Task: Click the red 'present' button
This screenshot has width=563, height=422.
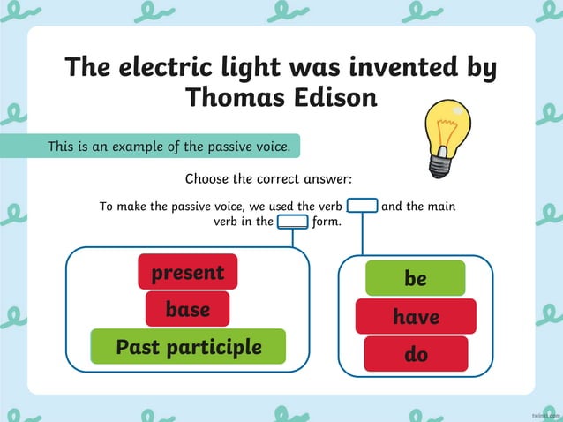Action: point(187,272)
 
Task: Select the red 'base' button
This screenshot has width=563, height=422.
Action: point(187,309)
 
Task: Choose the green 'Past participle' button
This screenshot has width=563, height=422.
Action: point(188,347)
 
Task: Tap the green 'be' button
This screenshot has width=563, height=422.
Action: point(415,278)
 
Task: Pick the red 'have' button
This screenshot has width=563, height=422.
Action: point(415,316)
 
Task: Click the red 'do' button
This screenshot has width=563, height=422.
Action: point(415,354)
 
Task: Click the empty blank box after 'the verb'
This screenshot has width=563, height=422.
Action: point(362,207)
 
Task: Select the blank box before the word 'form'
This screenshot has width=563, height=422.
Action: point(292,222)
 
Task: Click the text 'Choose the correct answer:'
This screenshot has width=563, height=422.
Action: point(268,179)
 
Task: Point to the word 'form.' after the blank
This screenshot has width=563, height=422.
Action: point(327,222)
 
